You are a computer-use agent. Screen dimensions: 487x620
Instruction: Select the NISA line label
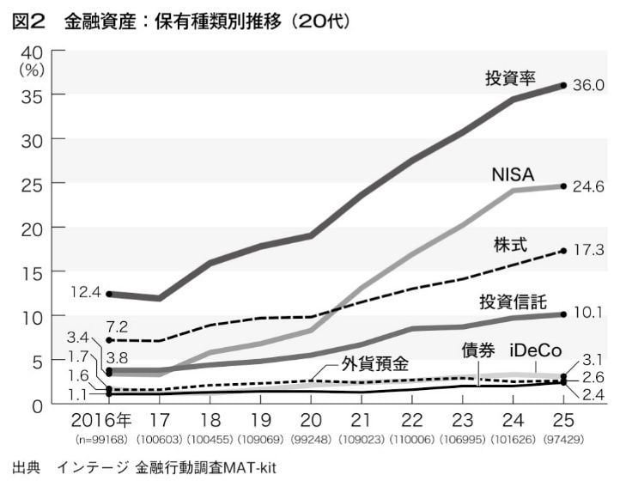point(513,174)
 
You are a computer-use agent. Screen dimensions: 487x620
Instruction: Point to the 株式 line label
point(510,243)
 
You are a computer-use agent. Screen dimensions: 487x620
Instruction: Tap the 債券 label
point(478,351)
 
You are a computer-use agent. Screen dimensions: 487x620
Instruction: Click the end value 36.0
point(589,86)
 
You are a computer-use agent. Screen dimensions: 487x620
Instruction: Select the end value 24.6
point(589,186)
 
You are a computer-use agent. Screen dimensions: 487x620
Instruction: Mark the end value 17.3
point(589,251)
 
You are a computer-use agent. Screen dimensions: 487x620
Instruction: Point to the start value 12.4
point(87,293)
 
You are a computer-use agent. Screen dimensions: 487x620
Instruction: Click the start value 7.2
point(117,327)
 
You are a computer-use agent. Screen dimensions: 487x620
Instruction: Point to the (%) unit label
point(32,69)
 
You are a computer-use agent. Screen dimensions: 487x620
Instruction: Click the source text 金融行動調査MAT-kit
point(206,469)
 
